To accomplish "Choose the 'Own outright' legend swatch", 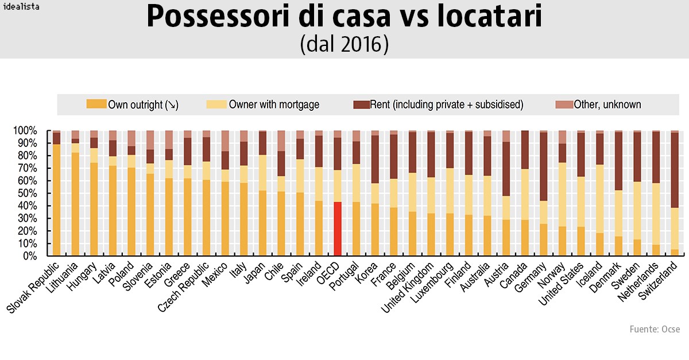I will (96, 104).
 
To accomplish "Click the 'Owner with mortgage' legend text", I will (274, 104).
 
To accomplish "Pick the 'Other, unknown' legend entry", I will (599, 104).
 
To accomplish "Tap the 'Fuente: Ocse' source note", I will (655, 329).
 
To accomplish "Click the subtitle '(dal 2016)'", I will (344, 45).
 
